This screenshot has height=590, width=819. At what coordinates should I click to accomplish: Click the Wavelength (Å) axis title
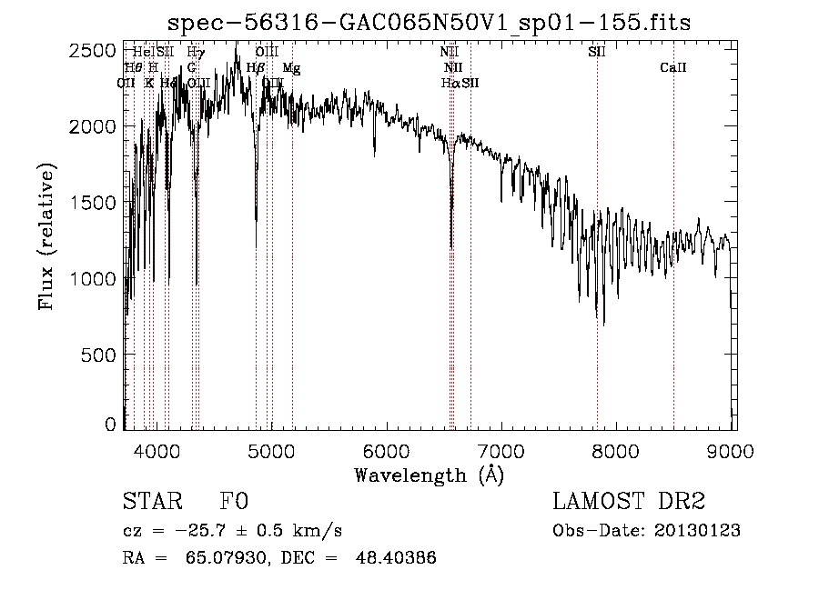click(x=429, y=475)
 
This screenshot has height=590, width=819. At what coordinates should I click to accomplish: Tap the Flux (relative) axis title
click(x=46, y=236)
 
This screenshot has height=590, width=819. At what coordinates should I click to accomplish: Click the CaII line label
click(x=672, y=68)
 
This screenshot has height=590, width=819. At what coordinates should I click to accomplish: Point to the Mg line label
click(x=290, y=68)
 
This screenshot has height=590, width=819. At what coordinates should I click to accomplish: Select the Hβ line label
click(x=256, y=68)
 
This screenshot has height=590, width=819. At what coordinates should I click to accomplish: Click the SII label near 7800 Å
click(x=597, y=52)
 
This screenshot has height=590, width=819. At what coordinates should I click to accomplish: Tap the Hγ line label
click(x=196, y=52)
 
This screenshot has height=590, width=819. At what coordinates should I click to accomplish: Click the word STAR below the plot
click(x=150, y=502)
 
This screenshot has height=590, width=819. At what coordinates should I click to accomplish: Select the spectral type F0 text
click(x=234, y=502)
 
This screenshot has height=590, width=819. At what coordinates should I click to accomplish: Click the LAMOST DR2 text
click(x=629, y=502)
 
